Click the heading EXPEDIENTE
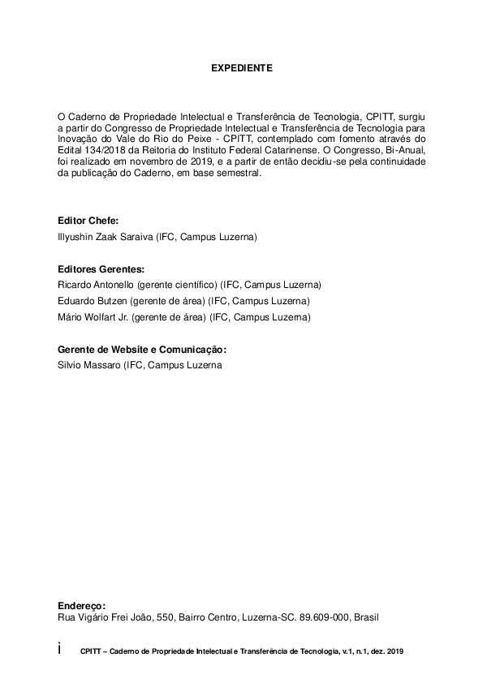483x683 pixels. click(241, 70)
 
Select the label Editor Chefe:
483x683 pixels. click(88, 221)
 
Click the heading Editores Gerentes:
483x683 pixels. click(101, 268)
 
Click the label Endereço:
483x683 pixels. click(82, 604)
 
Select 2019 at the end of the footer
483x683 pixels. click(395, 651)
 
